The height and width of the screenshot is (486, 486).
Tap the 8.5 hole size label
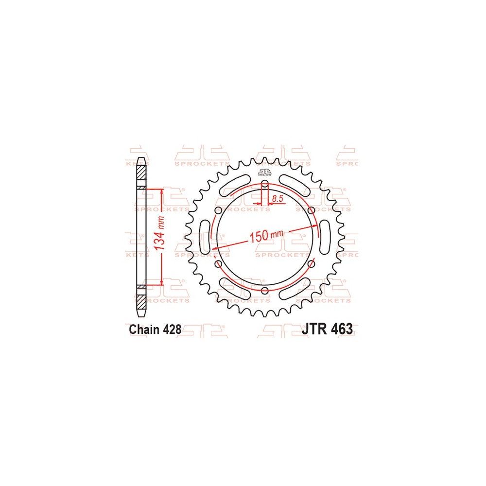coord(278,198)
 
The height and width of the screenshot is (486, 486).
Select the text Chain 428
coord(155,329)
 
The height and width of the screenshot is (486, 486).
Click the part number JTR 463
coord(327,329)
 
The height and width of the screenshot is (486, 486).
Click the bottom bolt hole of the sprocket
coord(265,291)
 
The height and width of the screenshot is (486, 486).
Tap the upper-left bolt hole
coord(218,210)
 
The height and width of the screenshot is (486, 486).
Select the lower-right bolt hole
coord(312,264)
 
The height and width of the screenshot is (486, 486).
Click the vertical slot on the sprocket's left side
coord(205,237)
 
